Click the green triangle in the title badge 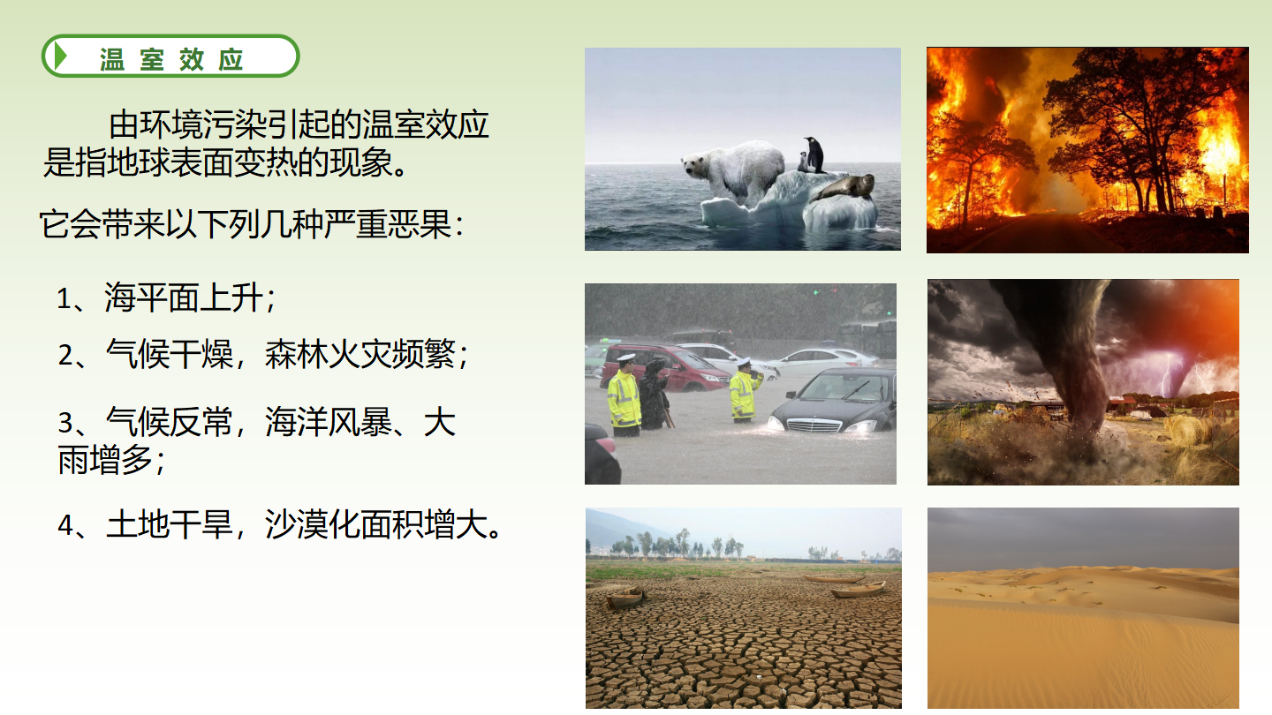(61, 56)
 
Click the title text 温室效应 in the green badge (171, 60)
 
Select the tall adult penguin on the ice (815, 154)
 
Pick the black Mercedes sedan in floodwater (832, 401)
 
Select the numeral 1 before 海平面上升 (64, 298)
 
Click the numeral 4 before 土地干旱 (65, 525)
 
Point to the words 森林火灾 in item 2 (329, 355)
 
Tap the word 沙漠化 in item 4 (313, 525)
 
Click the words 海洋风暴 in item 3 (329, 422)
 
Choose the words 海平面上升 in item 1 (184, 298)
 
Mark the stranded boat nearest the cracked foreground (625, 598)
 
